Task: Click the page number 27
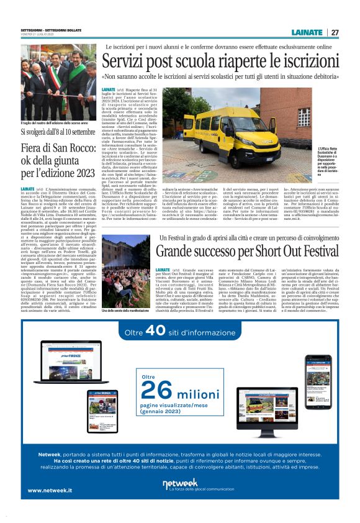tap(335, 32)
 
